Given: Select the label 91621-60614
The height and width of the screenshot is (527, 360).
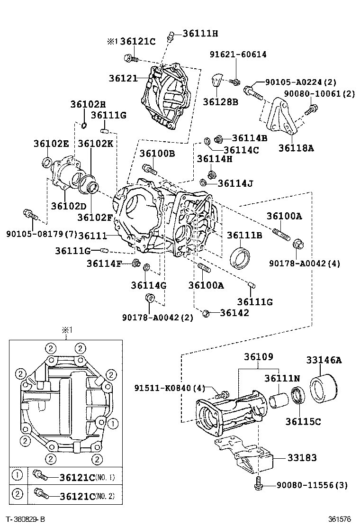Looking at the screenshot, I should coord(238,55).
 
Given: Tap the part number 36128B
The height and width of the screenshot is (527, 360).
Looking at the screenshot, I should coord(220,101).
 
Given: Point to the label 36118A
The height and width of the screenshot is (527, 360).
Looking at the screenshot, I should coord(296,147).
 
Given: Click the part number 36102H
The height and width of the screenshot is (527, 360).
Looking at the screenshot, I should coord(88,104).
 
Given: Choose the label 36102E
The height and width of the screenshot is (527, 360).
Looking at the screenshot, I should coord(51,143).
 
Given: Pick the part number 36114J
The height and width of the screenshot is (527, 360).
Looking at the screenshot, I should coord(235,182).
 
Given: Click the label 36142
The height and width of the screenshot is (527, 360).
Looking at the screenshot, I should coord(234,313).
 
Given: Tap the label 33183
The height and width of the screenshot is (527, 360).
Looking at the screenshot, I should coord(302,458).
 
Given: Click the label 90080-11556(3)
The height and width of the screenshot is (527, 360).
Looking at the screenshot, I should coord(312,485).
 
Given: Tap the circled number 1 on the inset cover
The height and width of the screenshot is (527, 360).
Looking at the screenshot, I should coord(112,421).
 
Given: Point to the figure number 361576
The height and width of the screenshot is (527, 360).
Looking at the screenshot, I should coord(340,520).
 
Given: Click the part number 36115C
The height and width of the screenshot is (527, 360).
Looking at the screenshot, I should coord(303,420).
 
